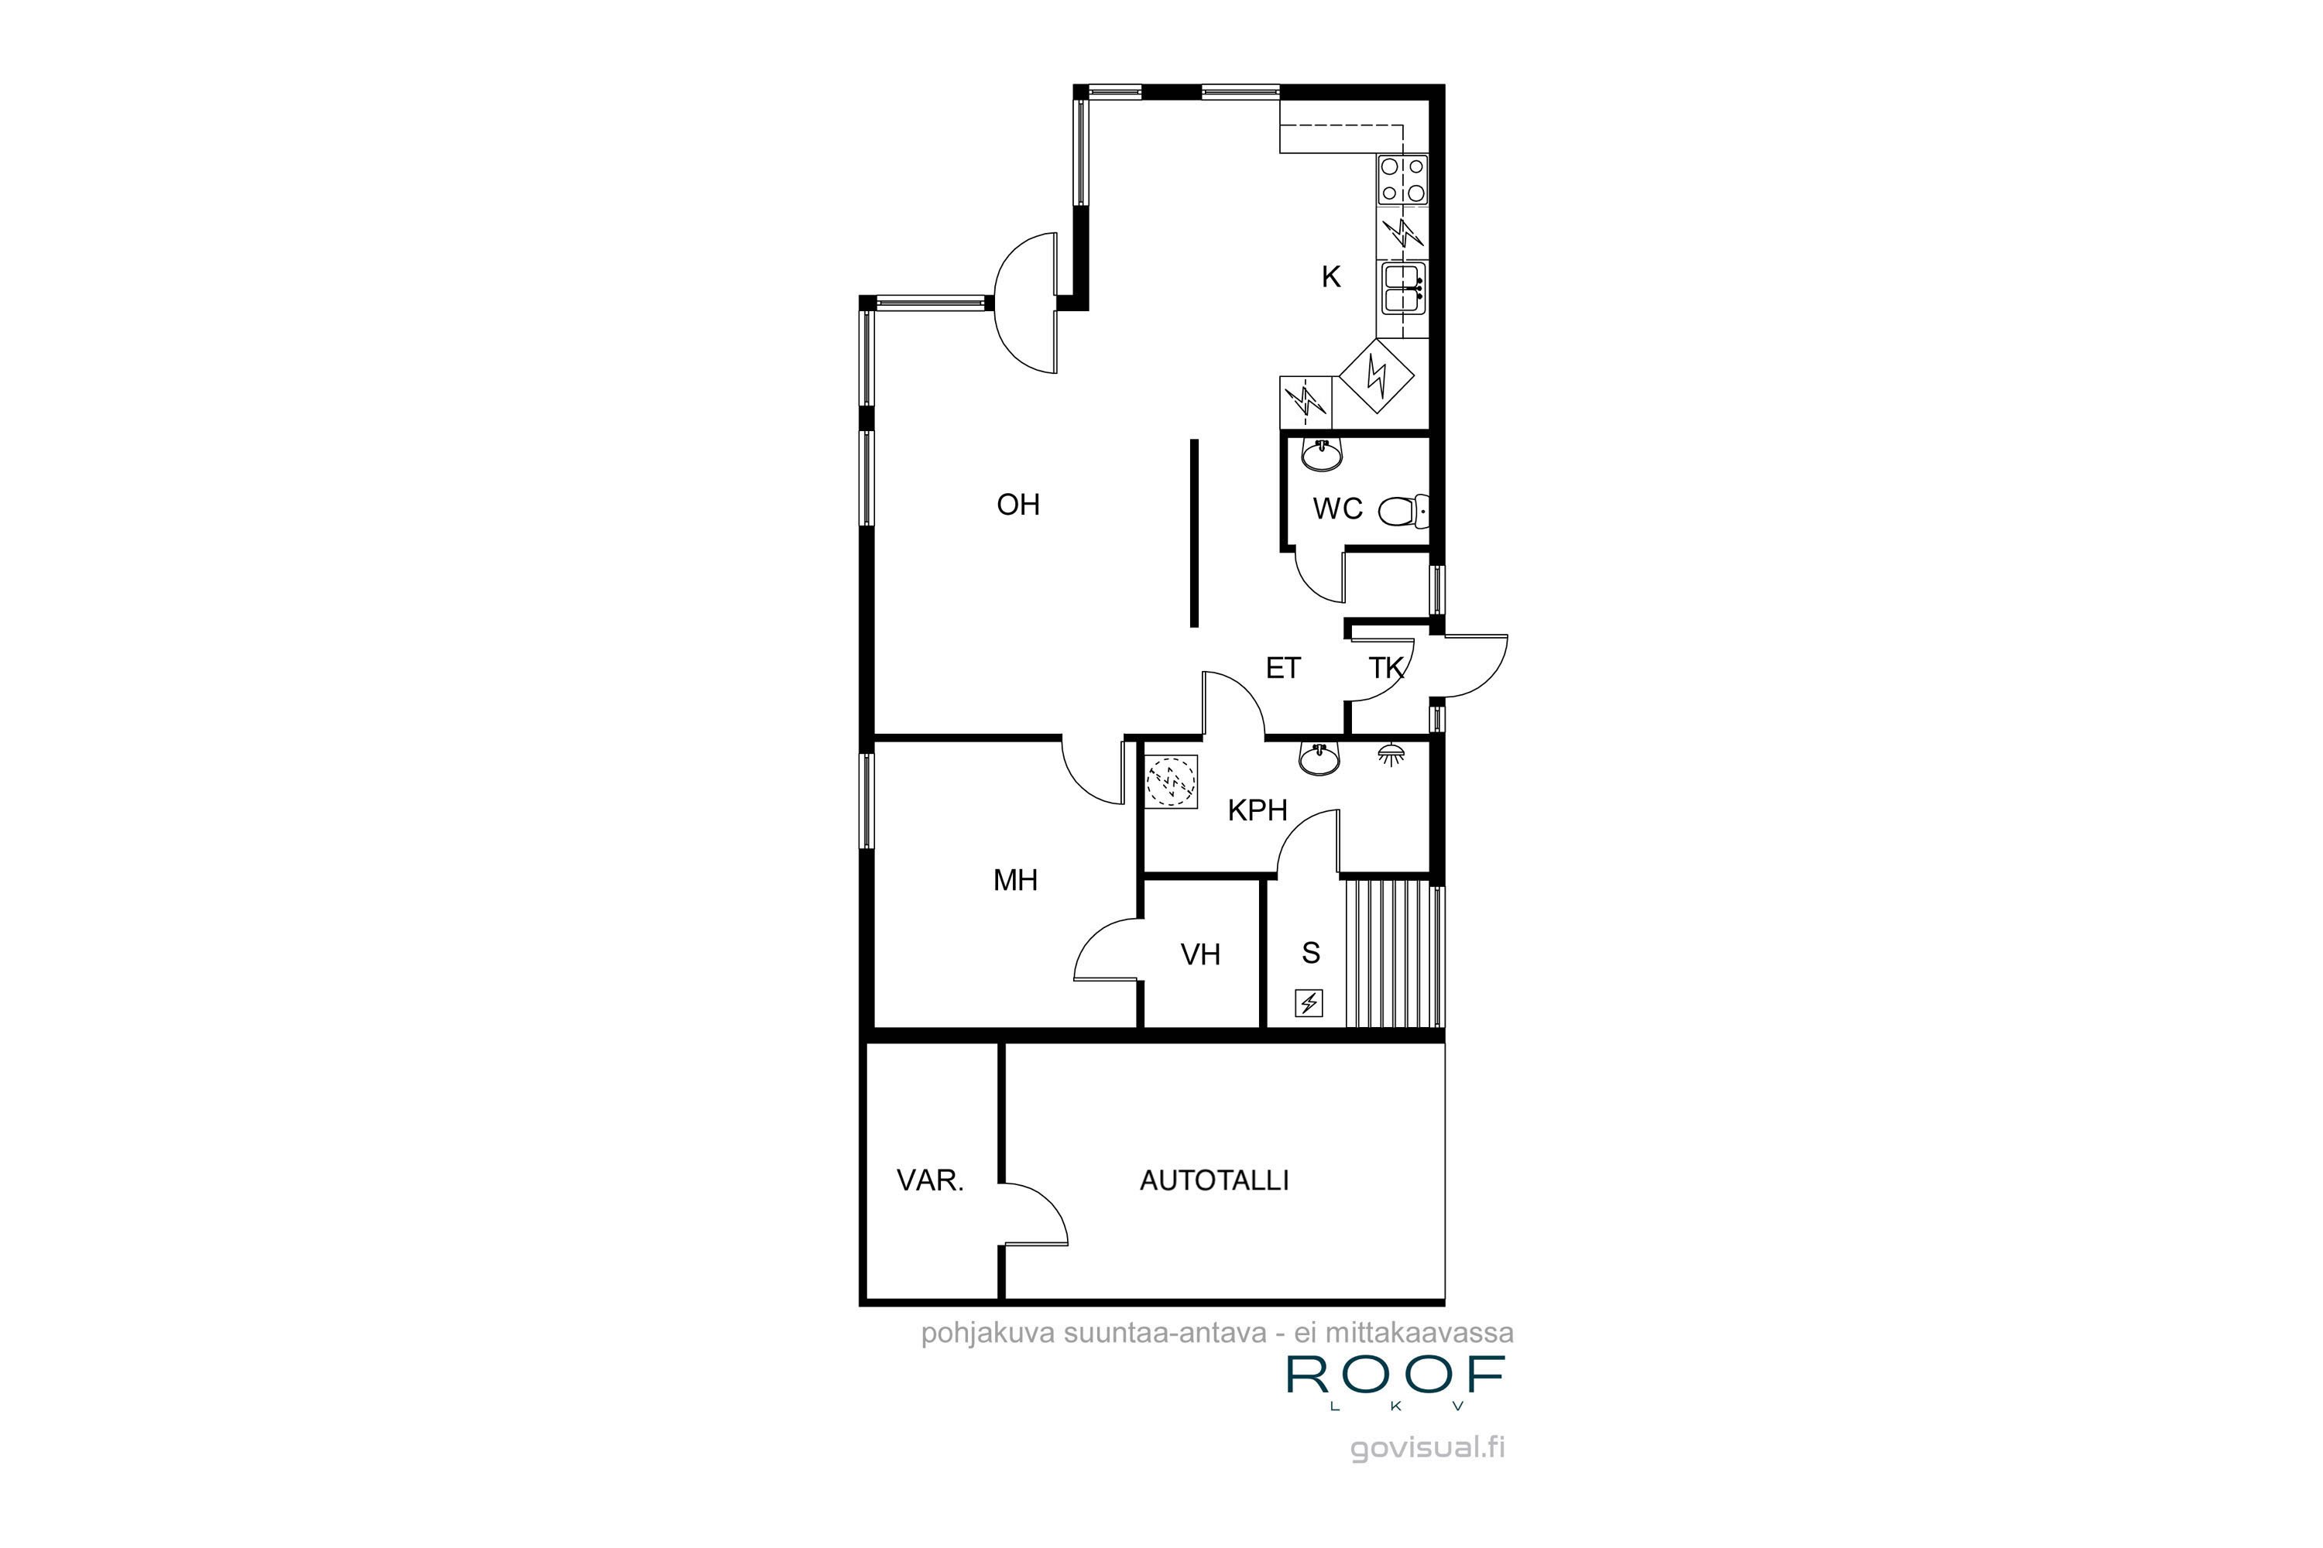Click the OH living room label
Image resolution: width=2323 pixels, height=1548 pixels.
[x=1017, y=505]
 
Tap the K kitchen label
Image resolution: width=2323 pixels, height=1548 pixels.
[x=1330, y=277]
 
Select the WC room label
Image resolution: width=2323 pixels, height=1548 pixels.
[x=1337, y=509]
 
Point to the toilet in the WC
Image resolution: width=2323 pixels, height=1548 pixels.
[x=1402, y=510]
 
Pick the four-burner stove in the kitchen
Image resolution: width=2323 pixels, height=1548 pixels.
[x=1402, y=180]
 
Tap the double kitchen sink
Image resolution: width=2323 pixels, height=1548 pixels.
[x=1402, y=287]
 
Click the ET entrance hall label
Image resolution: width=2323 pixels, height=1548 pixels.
[x=1283, y=669]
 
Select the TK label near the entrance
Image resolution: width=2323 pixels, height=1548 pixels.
[x=1386, y=669]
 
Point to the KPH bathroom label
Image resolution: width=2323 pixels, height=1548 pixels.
[x=1258, y=810]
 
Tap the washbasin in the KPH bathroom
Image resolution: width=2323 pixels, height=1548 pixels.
[x=1319, y=759]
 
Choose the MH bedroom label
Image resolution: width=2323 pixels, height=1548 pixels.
[x=1015, y=879]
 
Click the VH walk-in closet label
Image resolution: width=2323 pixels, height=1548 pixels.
[x=1200, y=954]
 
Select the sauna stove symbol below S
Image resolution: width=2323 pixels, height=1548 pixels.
[x=1309, y=1004]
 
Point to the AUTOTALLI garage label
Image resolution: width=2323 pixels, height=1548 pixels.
[x=1214, y=1181]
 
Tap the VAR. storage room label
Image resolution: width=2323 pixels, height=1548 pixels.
[x=929, y=1181]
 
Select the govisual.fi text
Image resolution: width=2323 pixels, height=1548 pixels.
[x=1427, y=1448]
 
